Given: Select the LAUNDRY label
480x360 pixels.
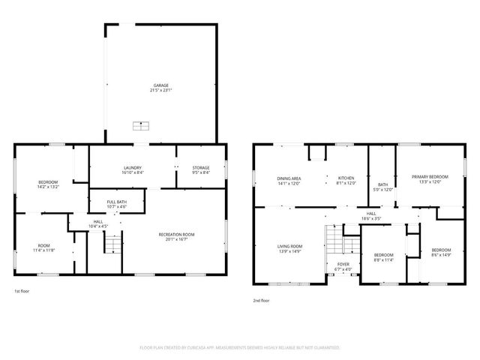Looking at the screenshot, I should pyautogui.click(x=133, y=167).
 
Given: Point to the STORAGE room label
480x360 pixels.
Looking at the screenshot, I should pyautogui.click(x=200, y=167).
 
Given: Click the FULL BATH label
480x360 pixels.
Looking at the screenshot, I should pyautogui.click(x=116, y=201).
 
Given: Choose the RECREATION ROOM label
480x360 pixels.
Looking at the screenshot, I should pyautogui.click(x=176, y=235).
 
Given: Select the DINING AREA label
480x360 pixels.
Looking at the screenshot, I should pyautogui.click(x=289, y=177).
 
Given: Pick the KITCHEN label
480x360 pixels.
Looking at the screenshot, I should pyautogui.click(x=345, y=177).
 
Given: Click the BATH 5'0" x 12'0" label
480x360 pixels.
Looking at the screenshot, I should pyautogui.click(x=382, y=184).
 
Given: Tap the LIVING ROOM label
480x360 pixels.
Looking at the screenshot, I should pyautogui.click(x=289, y=246).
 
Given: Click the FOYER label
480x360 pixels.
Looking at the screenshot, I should pyautogui.click(x=342, y=264).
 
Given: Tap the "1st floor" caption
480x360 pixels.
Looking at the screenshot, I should pyautogui.click(x=22, y=291).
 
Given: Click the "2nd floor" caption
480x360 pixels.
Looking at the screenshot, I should pyautogui.click(x=261, y=299).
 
